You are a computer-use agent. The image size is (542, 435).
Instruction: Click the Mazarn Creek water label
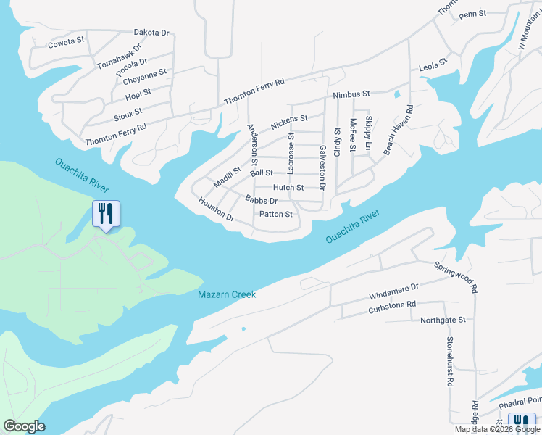(x=227, y=294)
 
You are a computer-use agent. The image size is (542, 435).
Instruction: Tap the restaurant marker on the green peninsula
(x=106, y=214)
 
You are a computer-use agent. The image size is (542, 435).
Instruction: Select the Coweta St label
(x=67, y=43)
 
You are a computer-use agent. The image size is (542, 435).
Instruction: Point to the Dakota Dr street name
(x=151, y=33)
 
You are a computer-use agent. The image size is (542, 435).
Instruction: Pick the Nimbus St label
(x=351, y=94)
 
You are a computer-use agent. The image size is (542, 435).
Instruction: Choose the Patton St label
(x=275, y=214)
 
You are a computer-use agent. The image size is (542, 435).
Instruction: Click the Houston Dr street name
(x=217, y=211)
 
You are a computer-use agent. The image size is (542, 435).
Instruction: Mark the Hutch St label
(x=288, y=187)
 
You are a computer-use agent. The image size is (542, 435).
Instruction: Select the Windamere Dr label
(x=393, y=291)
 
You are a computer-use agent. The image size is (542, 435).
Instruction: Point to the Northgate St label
(x=443, y=319)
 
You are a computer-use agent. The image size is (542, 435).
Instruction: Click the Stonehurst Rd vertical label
(x=450, y=360)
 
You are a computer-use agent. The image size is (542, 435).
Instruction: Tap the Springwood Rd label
(x=456, y=277)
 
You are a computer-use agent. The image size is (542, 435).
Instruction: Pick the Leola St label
(x=433, y=67)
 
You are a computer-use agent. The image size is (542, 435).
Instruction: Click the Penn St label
(x=472, y=14)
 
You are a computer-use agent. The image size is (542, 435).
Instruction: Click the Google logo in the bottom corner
(x=24, y=426)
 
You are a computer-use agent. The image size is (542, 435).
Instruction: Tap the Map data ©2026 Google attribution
(x=497, y=429)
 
